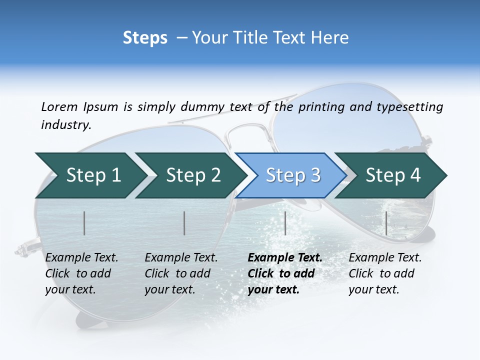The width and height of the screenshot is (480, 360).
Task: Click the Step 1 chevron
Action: [90, 175]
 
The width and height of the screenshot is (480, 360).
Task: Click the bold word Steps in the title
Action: [145, 37]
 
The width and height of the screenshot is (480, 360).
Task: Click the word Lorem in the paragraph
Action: [59, 106]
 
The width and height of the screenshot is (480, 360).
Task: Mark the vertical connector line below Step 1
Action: [84, 223]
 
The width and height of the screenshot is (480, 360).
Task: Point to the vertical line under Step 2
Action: [184, 223]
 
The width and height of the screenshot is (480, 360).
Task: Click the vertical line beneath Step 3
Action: [285, 223]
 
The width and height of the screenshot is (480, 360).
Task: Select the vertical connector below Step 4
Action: [386, 223]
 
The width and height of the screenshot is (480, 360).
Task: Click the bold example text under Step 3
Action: [284, 273]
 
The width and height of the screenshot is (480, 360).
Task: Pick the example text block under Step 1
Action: [81, 273]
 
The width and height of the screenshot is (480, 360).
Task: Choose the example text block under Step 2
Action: [180, 273]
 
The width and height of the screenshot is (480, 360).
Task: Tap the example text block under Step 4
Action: [384, 273]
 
